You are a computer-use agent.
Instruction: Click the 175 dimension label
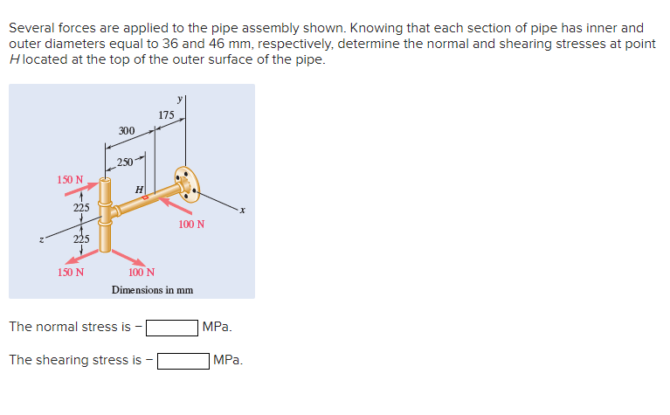(166, 114)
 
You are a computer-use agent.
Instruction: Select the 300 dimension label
(126, 131)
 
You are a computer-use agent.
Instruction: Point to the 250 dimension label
(125, 162)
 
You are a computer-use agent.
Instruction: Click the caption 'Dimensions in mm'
(152, 288)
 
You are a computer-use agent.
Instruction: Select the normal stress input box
(172, 328)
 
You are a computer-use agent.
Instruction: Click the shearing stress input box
(183, 360)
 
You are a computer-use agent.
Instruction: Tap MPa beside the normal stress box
(217, 327)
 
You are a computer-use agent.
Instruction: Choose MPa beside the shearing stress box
(228, 360)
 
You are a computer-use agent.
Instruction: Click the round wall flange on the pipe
(184, 182)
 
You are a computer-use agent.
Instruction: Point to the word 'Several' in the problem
(32, 28)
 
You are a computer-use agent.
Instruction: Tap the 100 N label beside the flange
(191, 225)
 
